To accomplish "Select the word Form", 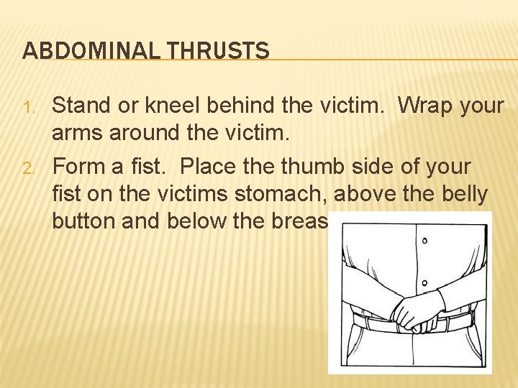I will click(x=77, y=167).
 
